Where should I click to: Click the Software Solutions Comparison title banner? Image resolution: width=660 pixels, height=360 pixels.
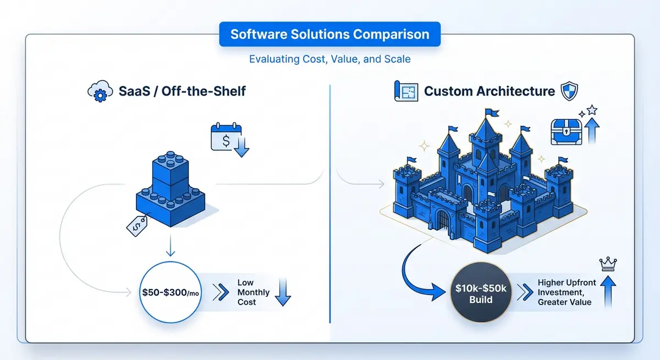329,35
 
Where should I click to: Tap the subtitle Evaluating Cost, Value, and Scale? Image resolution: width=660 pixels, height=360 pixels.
329,59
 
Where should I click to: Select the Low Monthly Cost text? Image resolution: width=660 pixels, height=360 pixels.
253,292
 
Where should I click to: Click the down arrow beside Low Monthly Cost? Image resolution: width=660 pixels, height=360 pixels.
282,292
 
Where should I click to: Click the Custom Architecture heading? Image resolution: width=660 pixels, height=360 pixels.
489,91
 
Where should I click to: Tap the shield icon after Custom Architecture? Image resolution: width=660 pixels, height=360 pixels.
568,91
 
